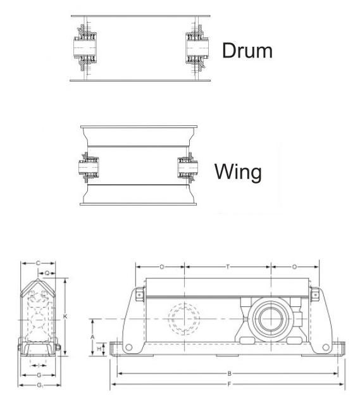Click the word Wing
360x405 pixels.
pyautogui.click(x=239, y=171)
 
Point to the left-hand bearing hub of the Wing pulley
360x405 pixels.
pyautogui.click(x=85, y=169)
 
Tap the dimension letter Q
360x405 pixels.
pyautogui.click(x=48, y=273)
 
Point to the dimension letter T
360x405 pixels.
pyautogui.click(x=228, y=267)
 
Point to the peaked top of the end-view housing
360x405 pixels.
pyautogui.click(x=40, y=283)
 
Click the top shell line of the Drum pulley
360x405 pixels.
pyautogui.click(x=140, y=15)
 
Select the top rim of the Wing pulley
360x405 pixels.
pyautogui.click(x=139, y=126)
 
